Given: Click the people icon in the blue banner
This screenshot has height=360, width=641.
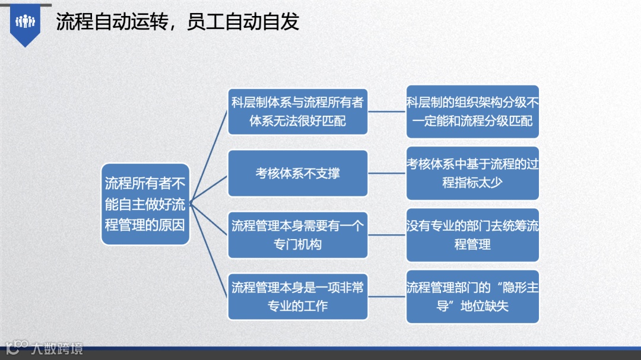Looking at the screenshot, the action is click(x=26, y=22).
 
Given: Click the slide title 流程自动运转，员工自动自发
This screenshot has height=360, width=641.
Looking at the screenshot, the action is click(x=177, y=22).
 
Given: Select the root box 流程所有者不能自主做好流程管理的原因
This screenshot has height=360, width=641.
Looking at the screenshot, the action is click(x=145, y=204).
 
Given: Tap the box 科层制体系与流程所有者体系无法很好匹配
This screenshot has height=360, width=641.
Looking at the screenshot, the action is click(x=297, y=111).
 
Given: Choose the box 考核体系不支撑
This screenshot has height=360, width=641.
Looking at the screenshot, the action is click(x=297, y=173).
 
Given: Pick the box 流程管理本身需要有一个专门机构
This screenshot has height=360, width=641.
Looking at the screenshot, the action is click(x=297, y=235).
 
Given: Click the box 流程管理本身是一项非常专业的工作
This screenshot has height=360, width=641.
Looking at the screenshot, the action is click(x=297, y=297).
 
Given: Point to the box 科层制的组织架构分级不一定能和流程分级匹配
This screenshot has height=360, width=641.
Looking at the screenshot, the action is click(x=472, y=111).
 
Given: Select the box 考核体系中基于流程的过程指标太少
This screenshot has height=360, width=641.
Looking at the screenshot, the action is click(x=472, y=173).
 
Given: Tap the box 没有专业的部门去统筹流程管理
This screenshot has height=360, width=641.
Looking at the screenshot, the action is click(x=472, y=235).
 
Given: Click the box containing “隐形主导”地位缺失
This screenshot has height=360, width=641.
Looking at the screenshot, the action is click(x=472, y=297).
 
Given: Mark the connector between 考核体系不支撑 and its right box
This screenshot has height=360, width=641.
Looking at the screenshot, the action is click(x=387, y=173).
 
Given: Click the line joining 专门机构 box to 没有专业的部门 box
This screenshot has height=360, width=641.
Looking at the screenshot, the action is click(x=387, y=235).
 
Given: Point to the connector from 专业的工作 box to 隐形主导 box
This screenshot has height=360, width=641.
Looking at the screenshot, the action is click(x=387, y=297).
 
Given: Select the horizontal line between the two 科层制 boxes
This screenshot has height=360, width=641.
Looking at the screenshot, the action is click(x=387, y=111).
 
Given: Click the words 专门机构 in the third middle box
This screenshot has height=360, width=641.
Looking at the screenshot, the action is click(x=297, y=244).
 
